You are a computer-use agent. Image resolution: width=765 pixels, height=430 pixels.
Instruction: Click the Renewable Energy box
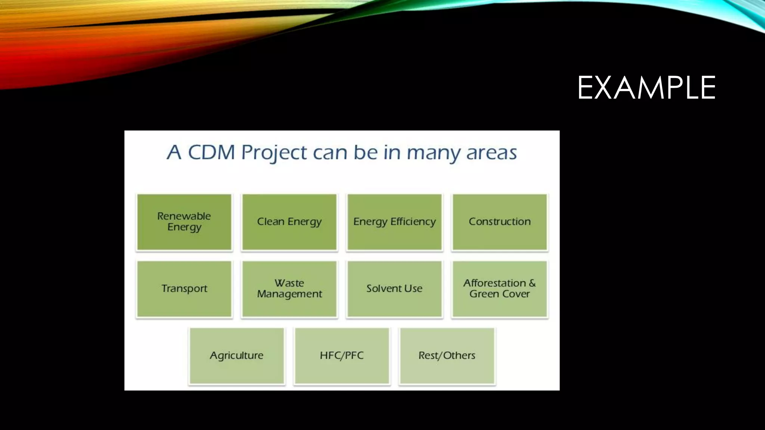coord(184,222)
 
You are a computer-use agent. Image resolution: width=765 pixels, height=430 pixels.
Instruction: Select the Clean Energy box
coord(289,222)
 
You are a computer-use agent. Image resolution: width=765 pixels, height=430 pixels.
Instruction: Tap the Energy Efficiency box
coord(394,222)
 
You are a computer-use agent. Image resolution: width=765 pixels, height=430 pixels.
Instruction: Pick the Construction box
coord(499,222)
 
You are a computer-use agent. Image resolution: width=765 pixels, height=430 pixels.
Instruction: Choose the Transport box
coord(184,289)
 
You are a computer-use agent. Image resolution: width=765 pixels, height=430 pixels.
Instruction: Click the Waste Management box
coord(289,289)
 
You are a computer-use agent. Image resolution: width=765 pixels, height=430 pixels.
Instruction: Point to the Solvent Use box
coord(394,289)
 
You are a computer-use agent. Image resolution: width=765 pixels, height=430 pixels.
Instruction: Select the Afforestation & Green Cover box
coord(499,289)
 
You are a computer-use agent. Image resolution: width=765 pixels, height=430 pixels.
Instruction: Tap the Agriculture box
coord(236,355)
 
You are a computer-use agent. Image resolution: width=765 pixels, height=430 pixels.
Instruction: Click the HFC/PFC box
coord(342,355)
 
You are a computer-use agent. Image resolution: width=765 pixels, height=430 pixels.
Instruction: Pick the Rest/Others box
coord(447,355)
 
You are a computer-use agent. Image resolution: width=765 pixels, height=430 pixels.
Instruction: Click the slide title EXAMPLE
coord(646,88)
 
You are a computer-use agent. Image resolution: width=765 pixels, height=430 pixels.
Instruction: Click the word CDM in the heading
coord(211,152)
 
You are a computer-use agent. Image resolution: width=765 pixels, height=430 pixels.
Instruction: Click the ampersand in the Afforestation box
coord(532,283)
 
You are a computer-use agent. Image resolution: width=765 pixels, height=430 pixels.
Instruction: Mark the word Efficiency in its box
coord(413,222)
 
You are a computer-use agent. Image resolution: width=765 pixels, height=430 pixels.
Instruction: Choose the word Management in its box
coord(289,295)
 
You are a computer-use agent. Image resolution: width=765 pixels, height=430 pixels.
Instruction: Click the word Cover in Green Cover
coord(516,294)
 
